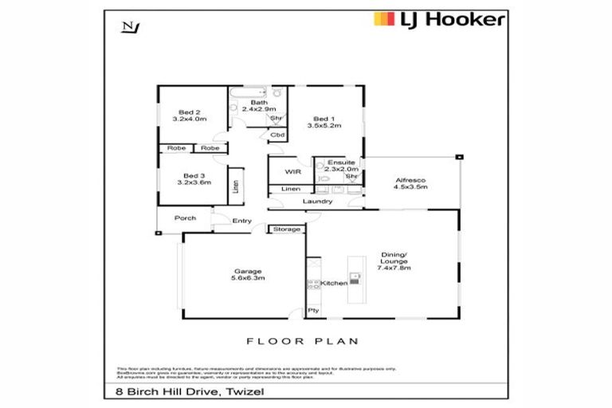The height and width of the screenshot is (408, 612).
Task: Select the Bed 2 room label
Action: [190, 112]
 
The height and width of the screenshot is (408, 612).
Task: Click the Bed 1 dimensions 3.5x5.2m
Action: [324, 126]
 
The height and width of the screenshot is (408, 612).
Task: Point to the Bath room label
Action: [259, 103]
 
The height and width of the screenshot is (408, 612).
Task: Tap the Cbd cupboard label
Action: [277, 135]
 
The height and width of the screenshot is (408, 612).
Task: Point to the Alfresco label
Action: [411, 181]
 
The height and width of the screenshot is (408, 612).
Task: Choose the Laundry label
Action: [316, 202]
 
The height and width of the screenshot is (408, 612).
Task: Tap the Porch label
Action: [186, 218]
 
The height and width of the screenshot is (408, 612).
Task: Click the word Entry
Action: [242, 221]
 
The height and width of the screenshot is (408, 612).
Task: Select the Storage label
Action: [287, 229]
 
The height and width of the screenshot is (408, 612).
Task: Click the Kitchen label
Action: [334, 282]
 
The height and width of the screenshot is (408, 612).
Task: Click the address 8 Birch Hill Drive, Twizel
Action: [177, 392]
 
